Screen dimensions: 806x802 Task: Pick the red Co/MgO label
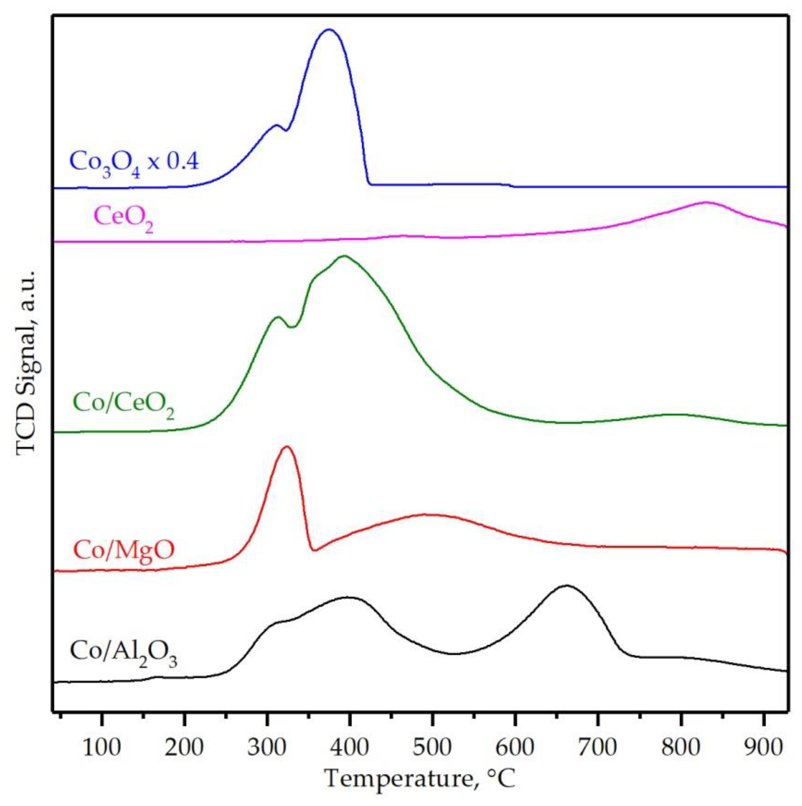coord(123,550)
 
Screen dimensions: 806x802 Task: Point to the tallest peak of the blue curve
coord(329,30)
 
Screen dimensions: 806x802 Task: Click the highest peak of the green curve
coord(344,256)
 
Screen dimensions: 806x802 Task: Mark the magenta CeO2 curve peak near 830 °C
coord(706,202)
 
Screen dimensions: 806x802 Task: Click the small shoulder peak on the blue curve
coord(276,125)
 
